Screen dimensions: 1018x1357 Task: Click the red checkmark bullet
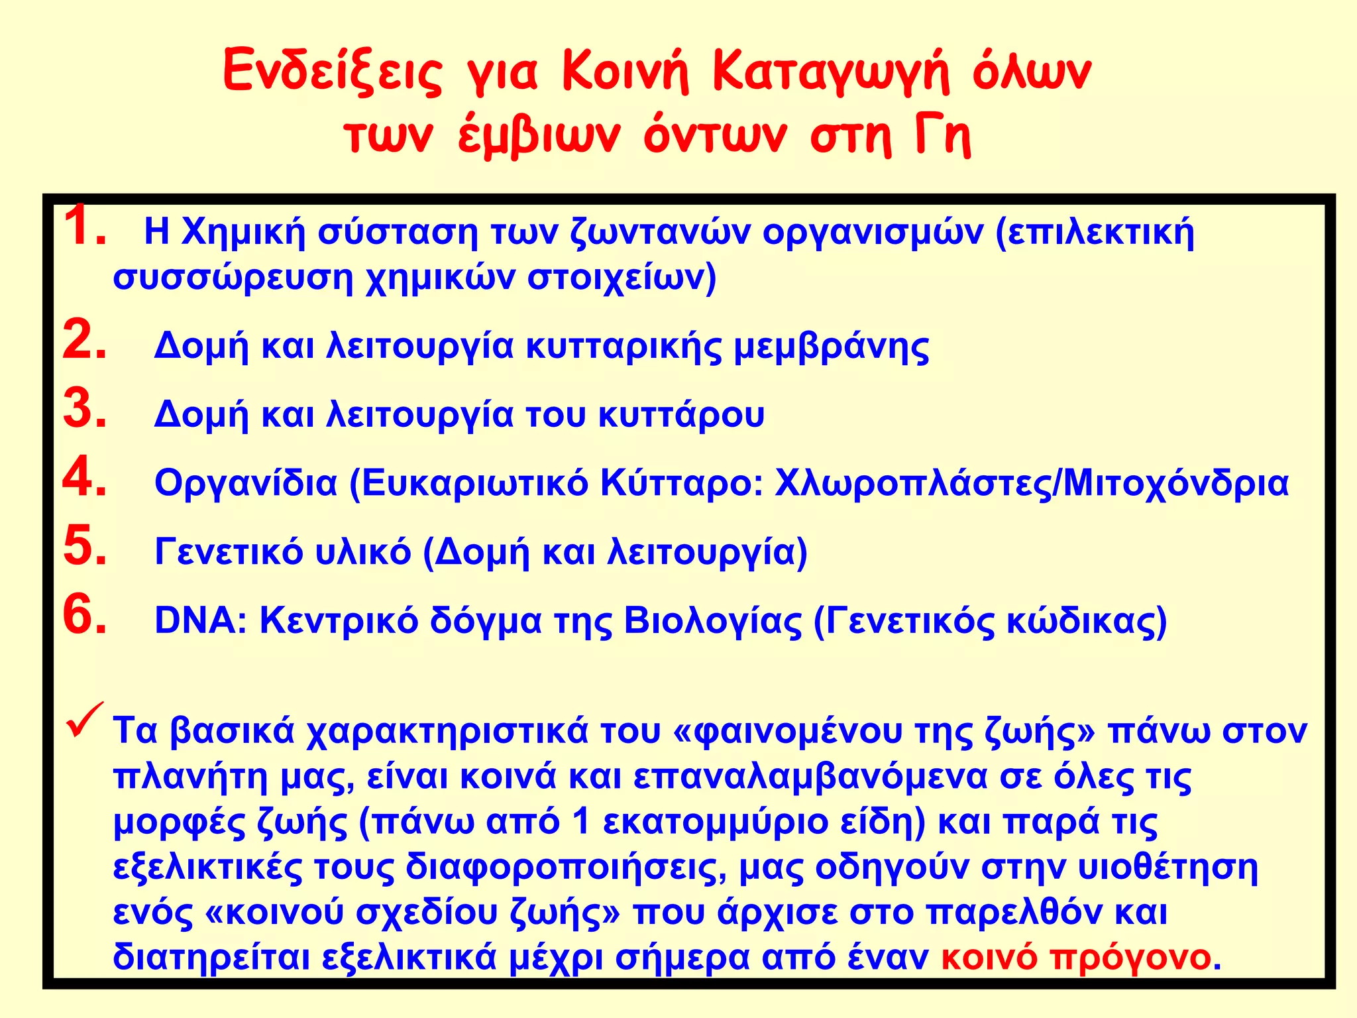85,721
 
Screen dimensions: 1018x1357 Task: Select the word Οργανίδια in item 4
246,484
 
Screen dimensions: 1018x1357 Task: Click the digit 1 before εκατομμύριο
581,822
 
